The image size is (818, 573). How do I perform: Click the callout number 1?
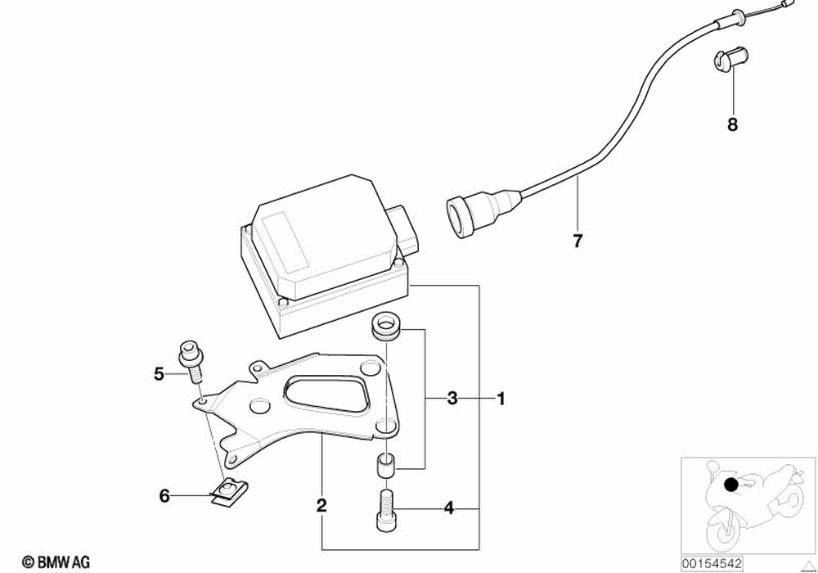(x=501, y=400)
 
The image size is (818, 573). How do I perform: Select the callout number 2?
(x=321, y=506)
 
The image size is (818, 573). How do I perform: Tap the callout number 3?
(x=452, y=399)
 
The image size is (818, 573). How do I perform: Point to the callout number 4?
(x=448, y=508)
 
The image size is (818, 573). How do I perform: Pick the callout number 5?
(x=160, y=374)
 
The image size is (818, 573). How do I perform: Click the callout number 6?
(x=164, y=495)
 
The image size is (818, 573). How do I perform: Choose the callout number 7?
(x=578, y=241)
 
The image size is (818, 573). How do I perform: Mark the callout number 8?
(x=732, y=124)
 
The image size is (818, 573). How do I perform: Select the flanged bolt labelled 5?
(x=193, y=360)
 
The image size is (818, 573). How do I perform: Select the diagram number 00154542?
(x=712, y=563)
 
